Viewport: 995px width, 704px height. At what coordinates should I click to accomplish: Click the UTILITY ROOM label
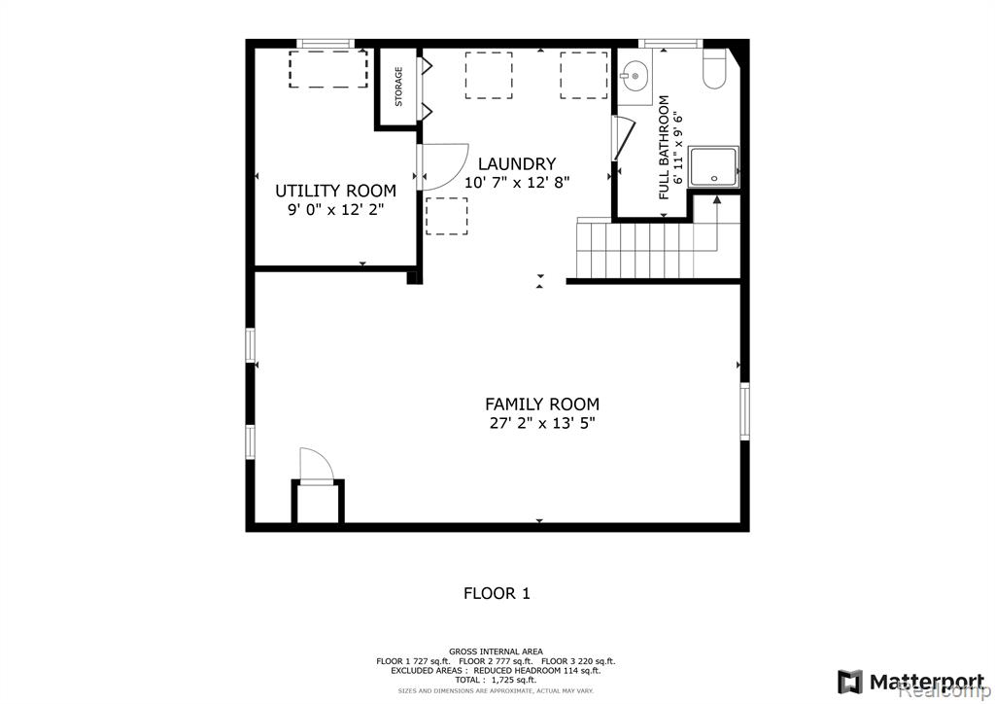[335, 191]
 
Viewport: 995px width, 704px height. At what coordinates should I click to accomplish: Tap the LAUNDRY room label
[517, 163]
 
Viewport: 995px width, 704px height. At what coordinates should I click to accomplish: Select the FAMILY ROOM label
[542, 404]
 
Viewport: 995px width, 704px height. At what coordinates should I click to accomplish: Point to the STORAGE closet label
[398, 87]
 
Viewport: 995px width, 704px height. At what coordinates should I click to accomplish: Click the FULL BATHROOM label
[664, 147]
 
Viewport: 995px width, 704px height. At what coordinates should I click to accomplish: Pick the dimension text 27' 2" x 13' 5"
[542, 423]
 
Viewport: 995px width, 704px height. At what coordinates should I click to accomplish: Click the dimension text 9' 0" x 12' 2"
[335, 209]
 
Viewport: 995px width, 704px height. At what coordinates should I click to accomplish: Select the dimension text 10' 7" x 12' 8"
[517, 183]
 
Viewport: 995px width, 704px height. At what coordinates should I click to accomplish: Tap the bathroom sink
[635, 77]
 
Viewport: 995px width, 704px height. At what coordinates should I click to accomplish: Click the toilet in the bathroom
[714, 69]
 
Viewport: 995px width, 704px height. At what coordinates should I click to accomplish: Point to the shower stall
[714, 167]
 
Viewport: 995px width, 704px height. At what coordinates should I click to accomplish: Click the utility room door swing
[442, 167]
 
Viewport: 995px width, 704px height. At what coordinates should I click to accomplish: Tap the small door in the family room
[317, 467]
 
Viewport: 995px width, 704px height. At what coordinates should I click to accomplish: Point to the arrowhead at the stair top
[717, 200]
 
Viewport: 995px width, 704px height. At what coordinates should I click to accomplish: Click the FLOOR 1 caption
[497, 593]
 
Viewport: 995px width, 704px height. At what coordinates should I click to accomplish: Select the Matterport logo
[913, 683]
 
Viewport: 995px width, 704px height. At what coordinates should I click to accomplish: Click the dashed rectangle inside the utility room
[328, 69]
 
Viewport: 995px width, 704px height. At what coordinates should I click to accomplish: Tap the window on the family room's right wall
[744, 410]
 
